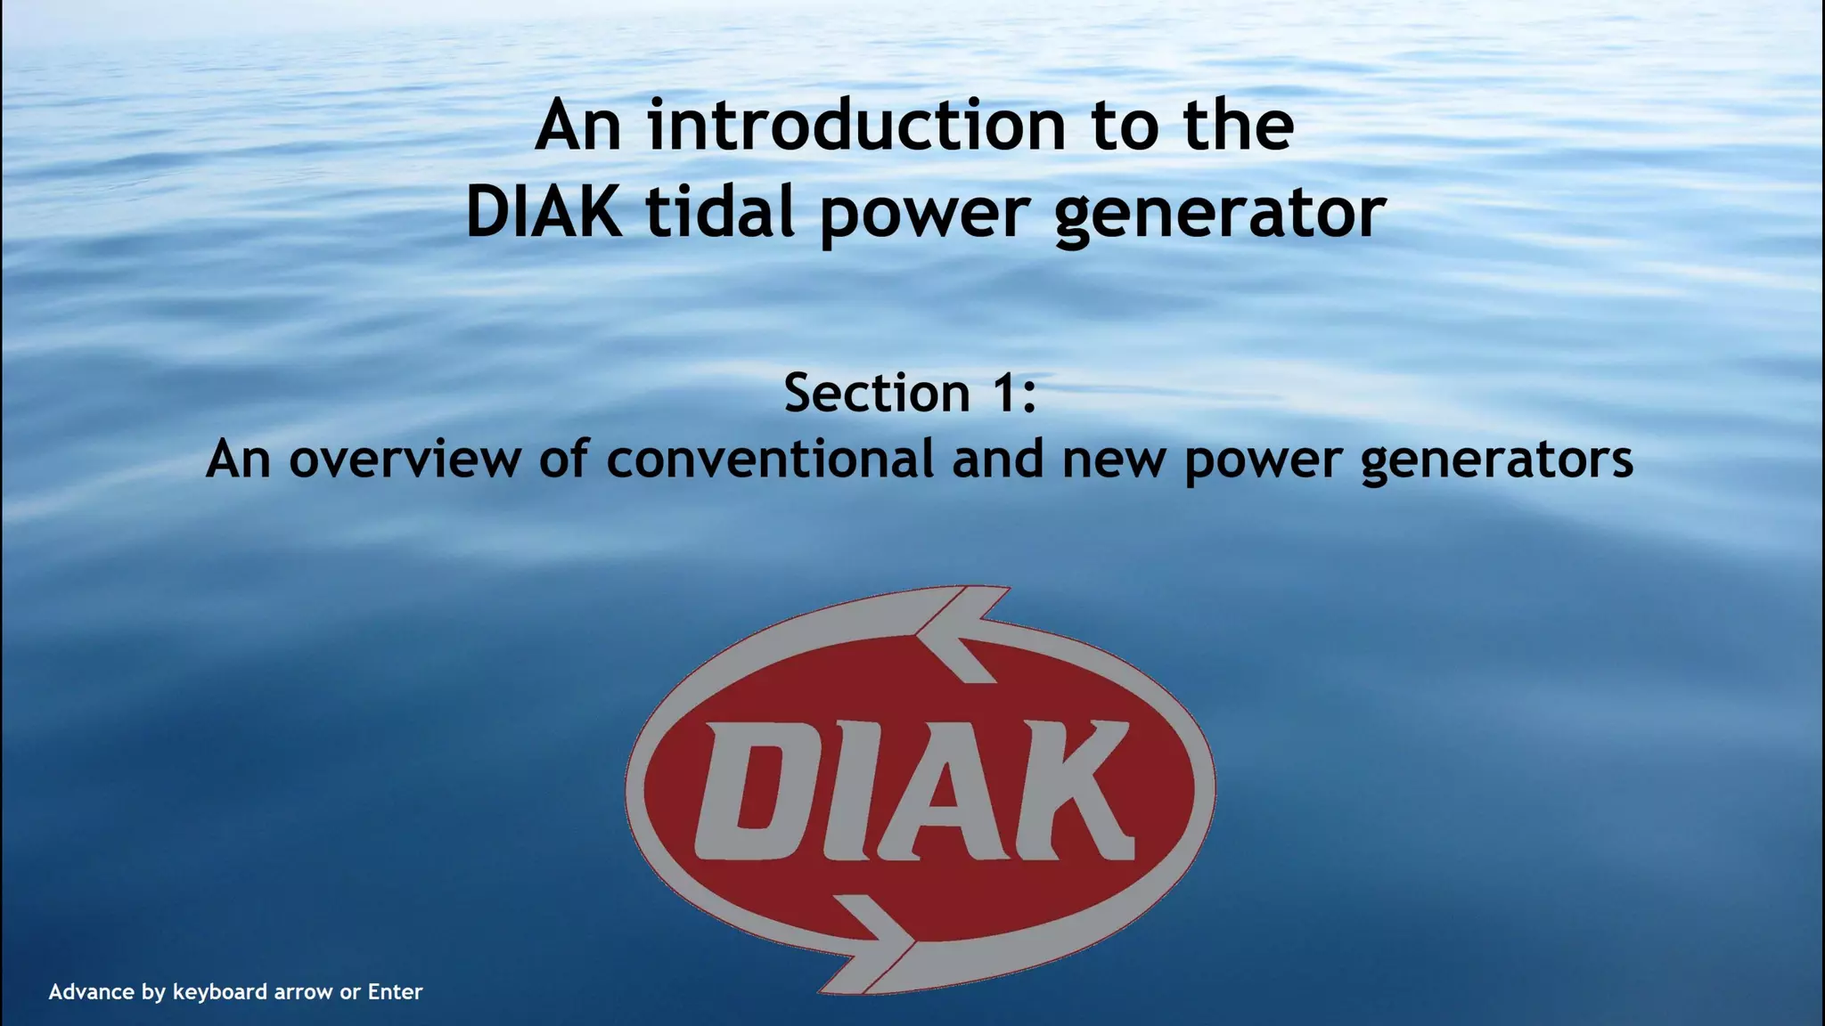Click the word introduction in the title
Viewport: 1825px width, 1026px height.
click(856, 126)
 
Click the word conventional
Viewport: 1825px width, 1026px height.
click(771, 459)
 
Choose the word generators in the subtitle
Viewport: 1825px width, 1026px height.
click(1497, 460)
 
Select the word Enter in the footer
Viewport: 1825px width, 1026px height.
click(395, 992)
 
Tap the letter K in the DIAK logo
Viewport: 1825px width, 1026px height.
click(1063, 790)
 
